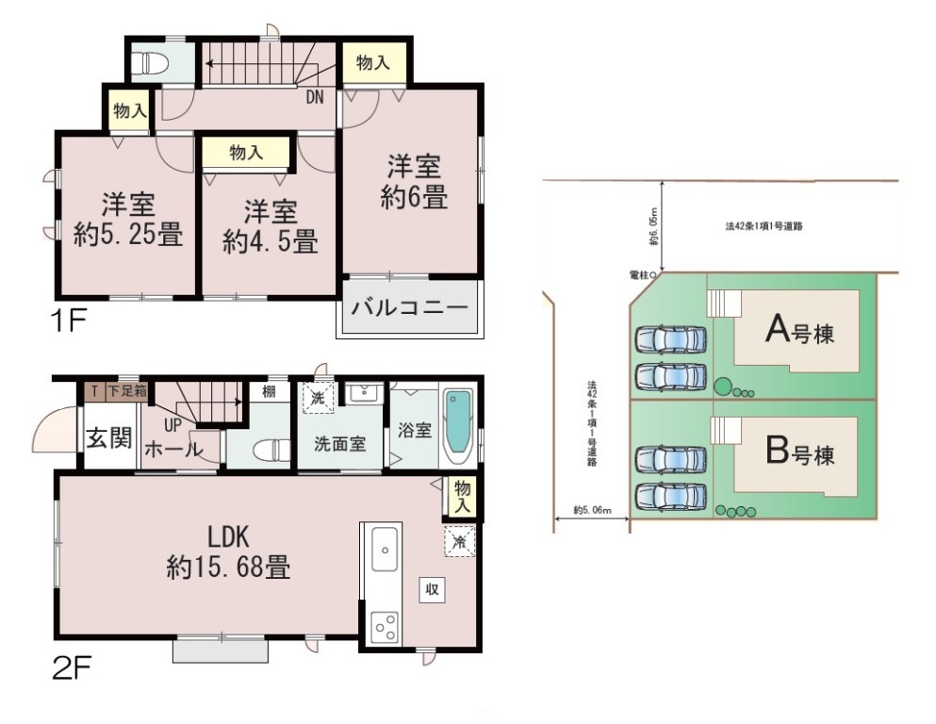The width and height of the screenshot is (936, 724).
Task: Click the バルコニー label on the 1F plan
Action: (x=409, y=308)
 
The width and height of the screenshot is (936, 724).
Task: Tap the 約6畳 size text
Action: (x=415, y=198)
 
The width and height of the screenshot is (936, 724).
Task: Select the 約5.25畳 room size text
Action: (x=128, y=235)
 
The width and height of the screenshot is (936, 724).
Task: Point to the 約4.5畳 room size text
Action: (x=271, y=241)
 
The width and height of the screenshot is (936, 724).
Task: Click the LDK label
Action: (x=228, y=537)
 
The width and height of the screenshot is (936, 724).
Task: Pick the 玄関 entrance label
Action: (x=109, y=438)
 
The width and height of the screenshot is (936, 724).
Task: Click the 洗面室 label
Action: (x=339, y=443)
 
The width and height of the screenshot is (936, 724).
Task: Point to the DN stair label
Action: (x=315, y=97)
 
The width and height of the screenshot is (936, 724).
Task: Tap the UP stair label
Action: (x=173, y=425)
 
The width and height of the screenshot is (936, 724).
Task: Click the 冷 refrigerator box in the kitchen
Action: (x=460, y=541)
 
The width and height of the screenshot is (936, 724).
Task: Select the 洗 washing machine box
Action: (x=319, y=397)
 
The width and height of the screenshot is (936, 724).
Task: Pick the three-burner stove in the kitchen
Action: (x=385, y=627)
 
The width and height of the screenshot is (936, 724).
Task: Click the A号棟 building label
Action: (x=800, y=329)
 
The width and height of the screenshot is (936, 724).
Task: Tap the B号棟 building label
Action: (x=800, y=452)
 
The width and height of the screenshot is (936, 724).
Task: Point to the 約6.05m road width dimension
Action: (x=655, y=227)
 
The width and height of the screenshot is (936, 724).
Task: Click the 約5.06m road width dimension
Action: (x=592, y=510)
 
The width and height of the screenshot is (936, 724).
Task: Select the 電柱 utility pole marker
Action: (x=653, y=275)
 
